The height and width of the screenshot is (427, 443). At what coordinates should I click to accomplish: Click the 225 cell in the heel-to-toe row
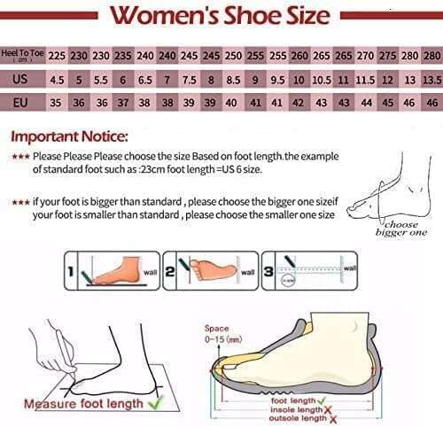pyautogui.click(x=57, y=55)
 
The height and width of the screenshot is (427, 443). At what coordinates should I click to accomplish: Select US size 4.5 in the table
pyautogui.click(x=57, y=79)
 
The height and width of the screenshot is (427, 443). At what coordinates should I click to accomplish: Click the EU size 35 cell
pyautogui.click(x=57, y=102)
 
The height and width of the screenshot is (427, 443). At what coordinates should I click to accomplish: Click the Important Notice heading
pyautogui.click(x=69, y=136)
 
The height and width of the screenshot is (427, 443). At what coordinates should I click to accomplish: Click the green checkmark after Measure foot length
pyautogui.click(x=157, y=403)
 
